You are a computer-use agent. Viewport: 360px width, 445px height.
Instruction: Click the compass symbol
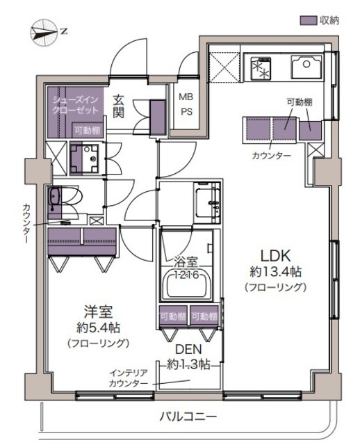click(43, 33)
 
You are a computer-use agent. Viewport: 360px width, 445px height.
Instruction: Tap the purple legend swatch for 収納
click(309, 20)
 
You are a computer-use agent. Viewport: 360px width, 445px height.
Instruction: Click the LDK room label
click(276, 256)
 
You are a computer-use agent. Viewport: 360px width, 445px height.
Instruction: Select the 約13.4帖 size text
click(275, 272)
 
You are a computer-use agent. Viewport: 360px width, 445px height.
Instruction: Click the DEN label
click(188, 350)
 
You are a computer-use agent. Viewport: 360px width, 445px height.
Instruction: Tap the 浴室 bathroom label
click(186, 262)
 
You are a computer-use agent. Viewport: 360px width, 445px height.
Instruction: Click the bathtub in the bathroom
click(187, 286)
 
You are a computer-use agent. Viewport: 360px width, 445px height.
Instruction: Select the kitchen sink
click(306, 67)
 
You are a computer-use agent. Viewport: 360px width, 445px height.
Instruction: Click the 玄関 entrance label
click(119, 106)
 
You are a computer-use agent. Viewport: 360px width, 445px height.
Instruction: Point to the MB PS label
click(186, 104)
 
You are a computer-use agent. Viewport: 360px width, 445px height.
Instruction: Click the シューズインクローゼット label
click(76, 104)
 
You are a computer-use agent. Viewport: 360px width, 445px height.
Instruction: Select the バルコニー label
click(188, 416)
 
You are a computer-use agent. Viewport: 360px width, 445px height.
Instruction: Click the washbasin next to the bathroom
click(207, 202)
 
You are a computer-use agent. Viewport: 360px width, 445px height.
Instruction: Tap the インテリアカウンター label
click(129, 378)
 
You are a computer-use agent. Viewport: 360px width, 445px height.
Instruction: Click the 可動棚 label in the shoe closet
click(88, 130)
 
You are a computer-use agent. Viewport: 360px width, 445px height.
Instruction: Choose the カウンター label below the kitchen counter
click(272, 156)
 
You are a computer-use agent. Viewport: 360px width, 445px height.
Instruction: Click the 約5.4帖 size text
click(99, 328)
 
